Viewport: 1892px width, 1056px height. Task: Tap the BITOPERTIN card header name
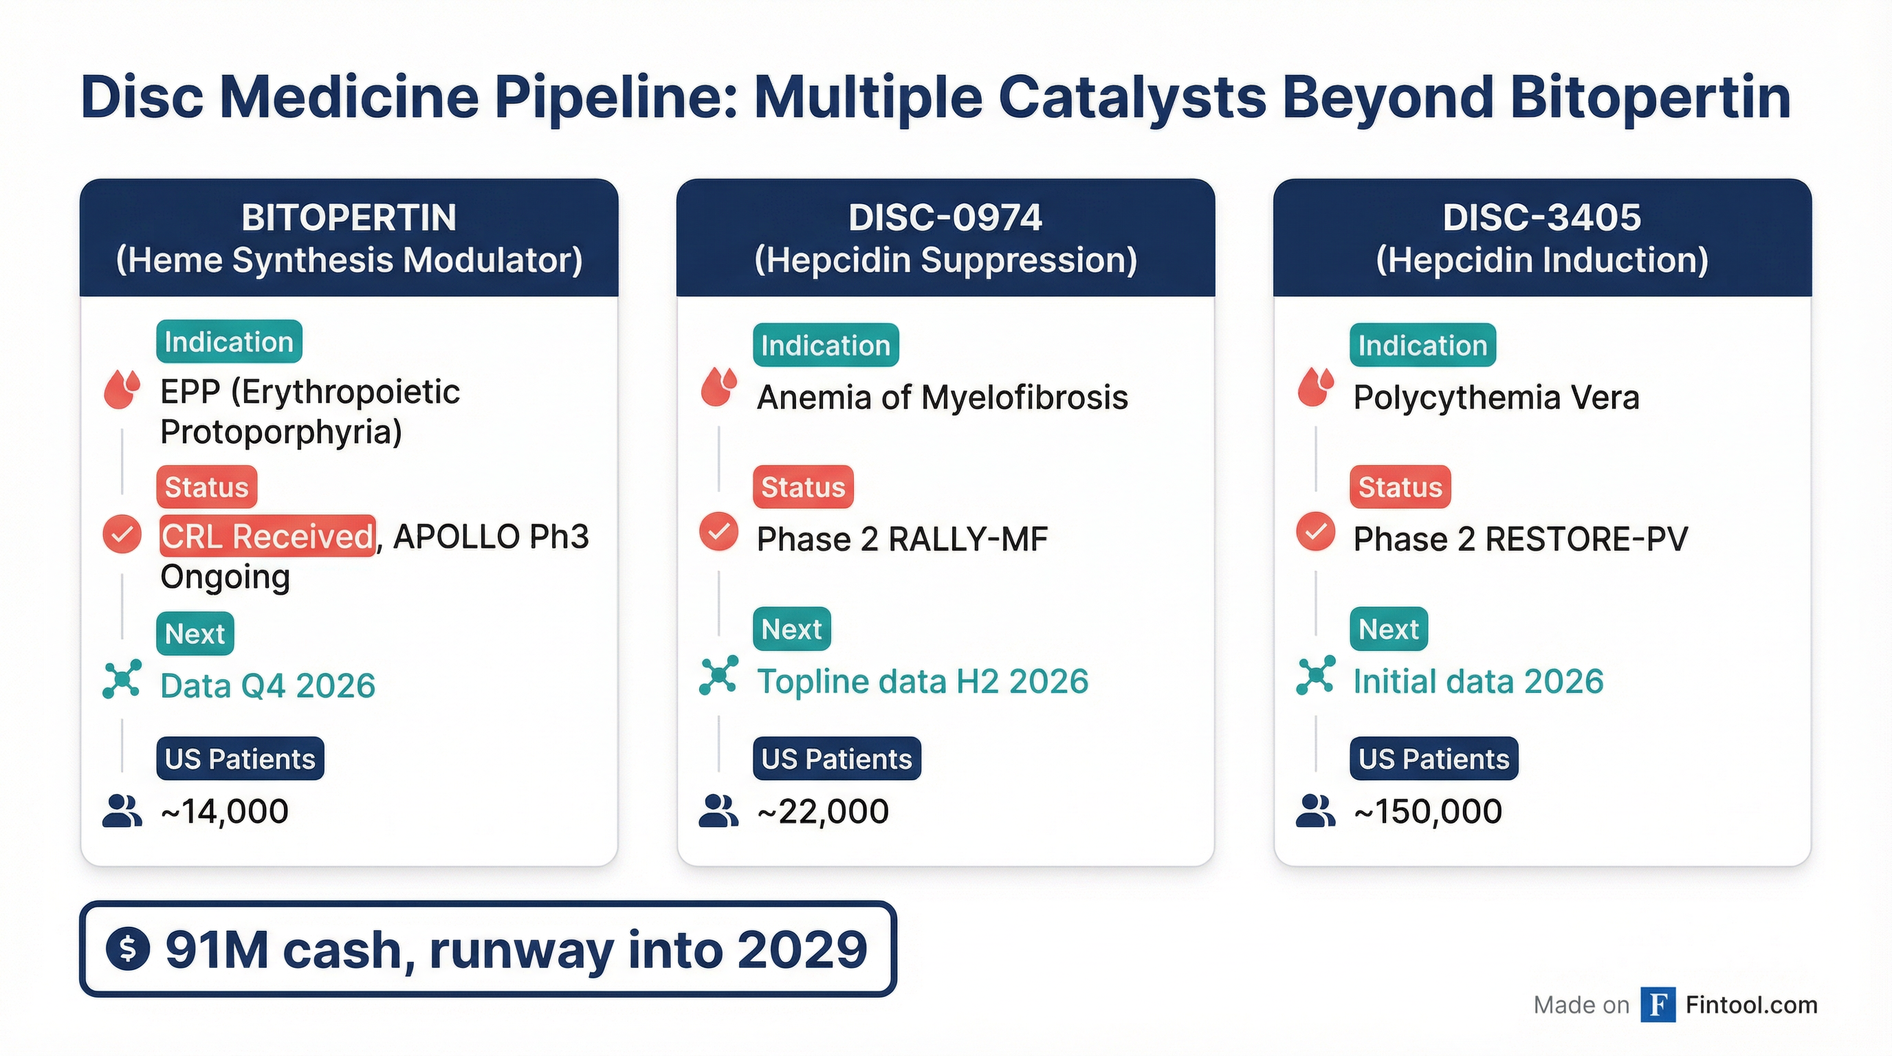point(349,217)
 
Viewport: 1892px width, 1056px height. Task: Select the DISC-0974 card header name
point(945,217)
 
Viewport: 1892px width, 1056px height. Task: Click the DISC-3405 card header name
point(1541,217)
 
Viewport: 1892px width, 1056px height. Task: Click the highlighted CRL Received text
point(267,536)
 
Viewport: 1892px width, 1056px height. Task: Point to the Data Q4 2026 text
point(268,686)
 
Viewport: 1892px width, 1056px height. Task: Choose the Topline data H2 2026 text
point(923,681)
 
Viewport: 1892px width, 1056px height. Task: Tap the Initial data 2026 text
point(1477,681)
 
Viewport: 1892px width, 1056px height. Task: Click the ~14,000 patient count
point(225,811)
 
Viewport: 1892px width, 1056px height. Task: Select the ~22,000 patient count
point(824,811)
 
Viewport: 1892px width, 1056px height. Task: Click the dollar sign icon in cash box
point(128,949)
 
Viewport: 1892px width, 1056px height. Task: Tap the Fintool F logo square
point(1658,1004)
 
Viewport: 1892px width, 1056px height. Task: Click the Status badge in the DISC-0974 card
point(803,487)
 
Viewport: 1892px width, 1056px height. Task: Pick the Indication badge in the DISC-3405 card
point(1422,345)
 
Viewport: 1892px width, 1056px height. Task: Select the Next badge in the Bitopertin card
point(195,633)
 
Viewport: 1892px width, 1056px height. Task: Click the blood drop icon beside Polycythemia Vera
point(1315,387)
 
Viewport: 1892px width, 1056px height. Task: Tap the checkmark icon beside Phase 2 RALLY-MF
point(718,531)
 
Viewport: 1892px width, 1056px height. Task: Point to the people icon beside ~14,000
point(122,811)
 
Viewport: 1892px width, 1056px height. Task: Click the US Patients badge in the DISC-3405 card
point(1433,758)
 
